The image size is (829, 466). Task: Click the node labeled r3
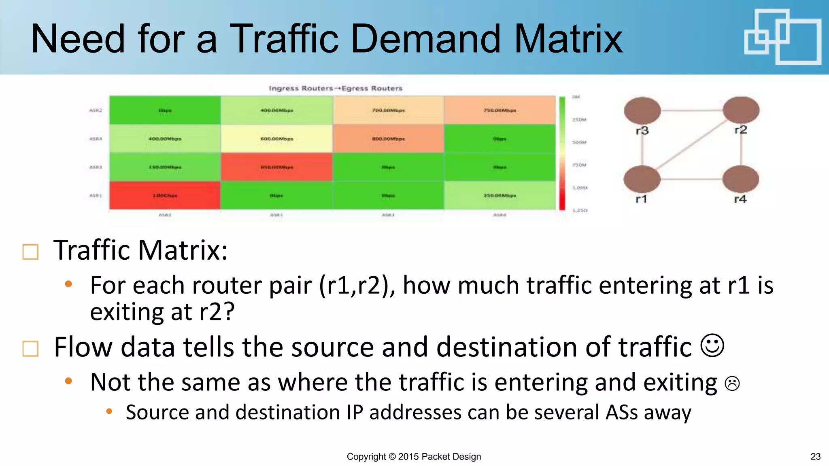pos(642,110)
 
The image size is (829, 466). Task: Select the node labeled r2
pos(741,110)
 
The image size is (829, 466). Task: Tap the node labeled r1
pos(642,179)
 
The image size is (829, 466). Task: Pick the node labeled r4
pos(740,179)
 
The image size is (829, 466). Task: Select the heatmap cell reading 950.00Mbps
pos(276,167)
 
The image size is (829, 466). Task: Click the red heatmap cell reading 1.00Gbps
pos(165,195)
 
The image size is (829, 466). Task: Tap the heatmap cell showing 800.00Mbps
pos(388,139)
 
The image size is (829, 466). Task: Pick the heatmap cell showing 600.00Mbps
pos(276,139)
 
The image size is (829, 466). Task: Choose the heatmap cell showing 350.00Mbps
pos(500,195)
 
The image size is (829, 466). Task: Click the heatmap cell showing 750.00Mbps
pos(500,110)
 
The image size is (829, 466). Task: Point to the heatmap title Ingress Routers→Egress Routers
pos(336,88)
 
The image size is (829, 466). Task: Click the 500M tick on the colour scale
pos(579,142)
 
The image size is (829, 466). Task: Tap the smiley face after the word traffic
pos(712,345)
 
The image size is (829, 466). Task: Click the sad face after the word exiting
pos(732,383)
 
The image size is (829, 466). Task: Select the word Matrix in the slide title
pos(568,39)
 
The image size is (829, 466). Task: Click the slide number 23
pos(815,457)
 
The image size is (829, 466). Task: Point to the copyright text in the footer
pos(414,457)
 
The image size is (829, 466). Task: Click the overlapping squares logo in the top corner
pos(782,37)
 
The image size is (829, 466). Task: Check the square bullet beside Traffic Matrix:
pos(30,252)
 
